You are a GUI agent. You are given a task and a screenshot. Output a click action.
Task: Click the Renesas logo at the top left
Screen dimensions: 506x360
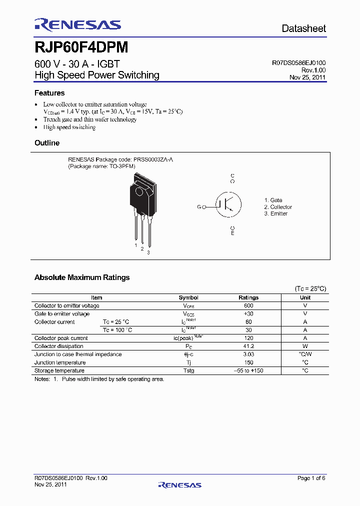(77, 25)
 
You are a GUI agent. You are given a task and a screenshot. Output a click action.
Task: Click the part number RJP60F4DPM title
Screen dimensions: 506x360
(81, 47)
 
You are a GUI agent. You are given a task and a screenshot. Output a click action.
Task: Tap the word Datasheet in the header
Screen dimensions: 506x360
(303, 28)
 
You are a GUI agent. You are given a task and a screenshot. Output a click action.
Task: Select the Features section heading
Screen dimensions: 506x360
(49, 93)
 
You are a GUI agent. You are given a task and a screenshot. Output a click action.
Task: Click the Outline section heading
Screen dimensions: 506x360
(47, 143)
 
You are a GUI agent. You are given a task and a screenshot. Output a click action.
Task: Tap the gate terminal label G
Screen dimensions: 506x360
(199, 206)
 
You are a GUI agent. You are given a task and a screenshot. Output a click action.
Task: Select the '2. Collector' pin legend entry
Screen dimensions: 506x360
(278, 207)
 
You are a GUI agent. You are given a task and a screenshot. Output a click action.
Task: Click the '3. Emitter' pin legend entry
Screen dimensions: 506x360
(276, 213)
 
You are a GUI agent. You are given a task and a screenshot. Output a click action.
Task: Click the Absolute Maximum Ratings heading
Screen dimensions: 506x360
(82, 277)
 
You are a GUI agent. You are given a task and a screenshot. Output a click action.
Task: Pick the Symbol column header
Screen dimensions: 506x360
(188, 297)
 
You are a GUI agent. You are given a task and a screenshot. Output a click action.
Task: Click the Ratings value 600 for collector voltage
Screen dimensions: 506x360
(248, 305)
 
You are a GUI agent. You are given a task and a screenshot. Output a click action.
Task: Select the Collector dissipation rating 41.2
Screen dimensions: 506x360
(248, 346)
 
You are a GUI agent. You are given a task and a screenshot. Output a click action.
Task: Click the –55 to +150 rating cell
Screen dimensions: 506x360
(248, 370)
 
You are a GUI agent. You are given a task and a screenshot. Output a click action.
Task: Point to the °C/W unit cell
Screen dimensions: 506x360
(305, 354)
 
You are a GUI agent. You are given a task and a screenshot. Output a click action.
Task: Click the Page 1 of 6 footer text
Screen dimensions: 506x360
(311, 478)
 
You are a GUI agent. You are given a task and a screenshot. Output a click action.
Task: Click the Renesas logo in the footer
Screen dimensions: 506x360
(179, 484)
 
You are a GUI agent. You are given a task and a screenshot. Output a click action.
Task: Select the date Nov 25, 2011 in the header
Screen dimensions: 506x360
(307, 77)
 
